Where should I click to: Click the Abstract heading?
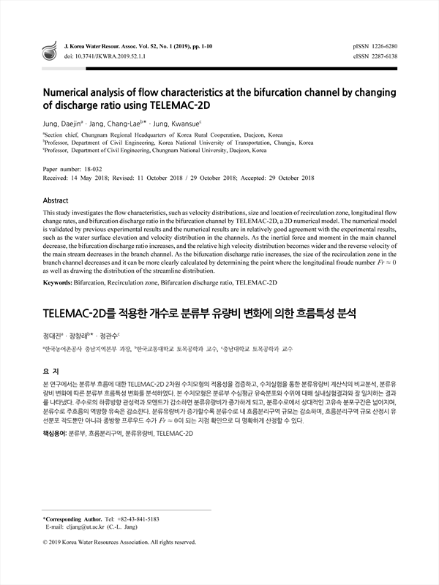pos(56,200)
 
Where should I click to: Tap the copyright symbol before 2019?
pos(46,543)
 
